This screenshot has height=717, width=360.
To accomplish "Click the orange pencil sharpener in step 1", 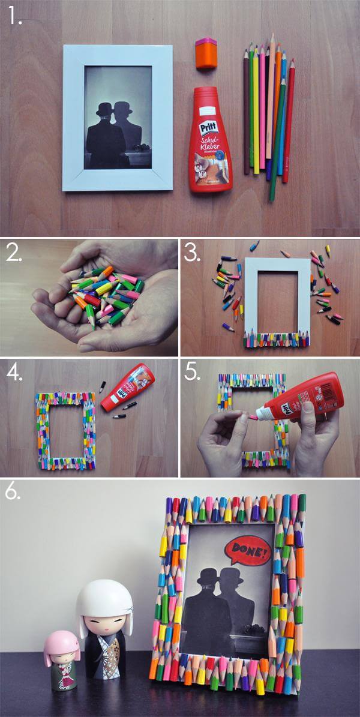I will pyautogui.click(x=204, y=53).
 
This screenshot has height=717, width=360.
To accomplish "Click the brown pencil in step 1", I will pyautogui.click(x=246, y=111).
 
